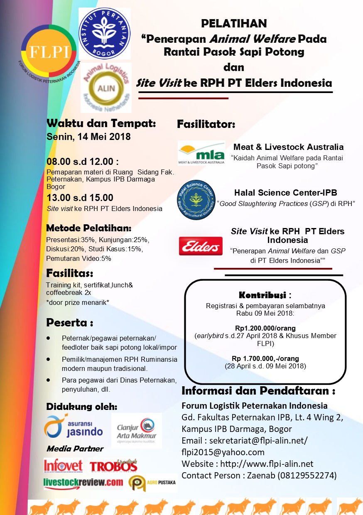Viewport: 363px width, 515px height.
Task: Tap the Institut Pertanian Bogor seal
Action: [x=104, y=34]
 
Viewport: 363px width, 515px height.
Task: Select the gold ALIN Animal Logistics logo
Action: [x=106, y=88]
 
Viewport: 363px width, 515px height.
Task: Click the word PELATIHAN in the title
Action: [x=234, y=24]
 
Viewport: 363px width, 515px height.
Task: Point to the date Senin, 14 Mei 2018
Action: [x=88, y=137]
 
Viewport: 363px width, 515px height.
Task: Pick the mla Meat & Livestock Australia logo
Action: [x=201, y=153]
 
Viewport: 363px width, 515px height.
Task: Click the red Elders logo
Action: [x=200, y=246]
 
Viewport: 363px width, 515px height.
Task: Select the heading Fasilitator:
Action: [x=206, y=124]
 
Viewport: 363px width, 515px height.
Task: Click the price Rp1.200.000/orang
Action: [x=265, y=327]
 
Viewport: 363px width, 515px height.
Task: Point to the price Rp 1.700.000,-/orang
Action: [x=265, y=358]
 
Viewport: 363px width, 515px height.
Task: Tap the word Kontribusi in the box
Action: [x=262, y=295]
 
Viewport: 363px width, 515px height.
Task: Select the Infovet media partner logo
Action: [x=63, y=466]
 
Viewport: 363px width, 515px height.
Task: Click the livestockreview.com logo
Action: [x=83, y=483]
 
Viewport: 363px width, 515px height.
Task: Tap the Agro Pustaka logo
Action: [x=152, y=483]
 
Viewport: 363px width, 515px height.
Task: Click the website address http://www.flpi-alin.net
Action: [x=267, y=463]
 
